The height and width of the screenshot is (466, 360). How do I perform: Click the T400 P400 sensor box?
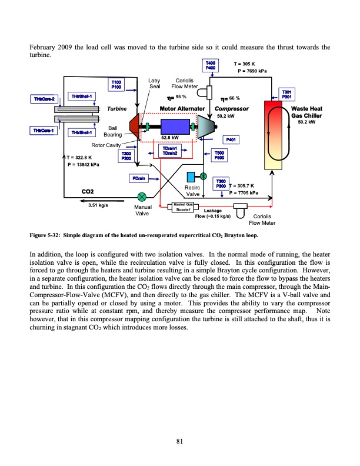[x=211, y=65]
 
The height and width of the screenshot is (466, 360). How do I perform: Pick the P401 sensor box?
[x=231, y=139]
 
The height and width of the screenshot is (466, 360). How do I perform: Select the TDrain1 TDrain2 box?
[x=171, y=151]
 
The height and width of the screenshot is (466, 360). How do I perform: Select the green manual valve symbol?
[x=142, y=197]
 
